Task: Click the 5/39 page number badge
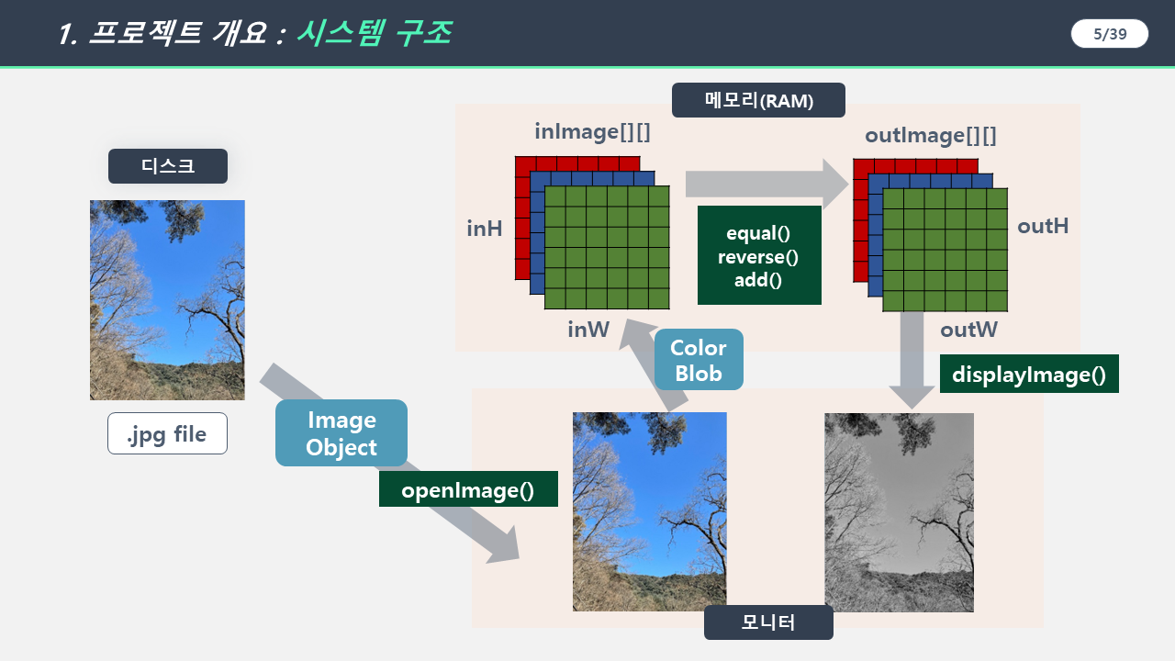coord(1110,34)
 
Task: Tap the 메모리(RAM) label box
coord(758,100)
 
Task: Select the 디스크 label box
coord(168,166)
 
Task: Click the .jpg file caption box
coord(167,433)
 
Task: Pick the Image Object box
coord(341,432)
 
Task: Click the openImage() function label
coord(468,489)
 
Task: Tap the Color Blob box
coord(699,359)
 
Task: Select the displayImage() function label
coord(1029,374)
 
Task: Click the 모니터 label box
coord(768,622)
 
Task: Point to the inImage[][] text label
coord(593,131)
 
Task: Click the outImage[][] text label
coord(931,135)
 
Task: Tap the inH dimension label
coord(484,229)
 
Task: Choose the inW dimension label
coord(588,330)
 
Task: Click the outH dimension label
coord(1043,226)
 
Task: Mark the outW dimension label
coord(968,330)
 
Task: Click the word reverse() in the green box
coord(758,257)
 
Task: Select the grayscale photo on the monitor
coord(899,512)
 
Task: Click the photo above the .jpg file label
coord(167,300)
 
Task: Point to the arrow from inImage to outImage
coord(767,185)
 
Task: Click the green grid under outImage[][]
coord(946,250)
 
